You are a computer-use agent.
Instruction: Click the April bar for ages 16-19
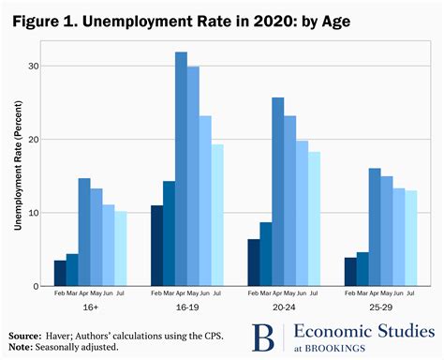(x=181, y=169)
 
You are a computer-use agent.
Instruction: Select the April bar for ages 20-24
(x=278, y=191)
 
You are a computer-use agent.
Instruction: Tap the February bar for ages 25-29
(x=349, y=271)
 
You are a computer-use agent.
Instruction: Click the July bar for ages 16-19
(x=217, y=215)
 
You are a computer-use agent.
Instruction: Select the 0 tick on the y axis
(x=37, y=286)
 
